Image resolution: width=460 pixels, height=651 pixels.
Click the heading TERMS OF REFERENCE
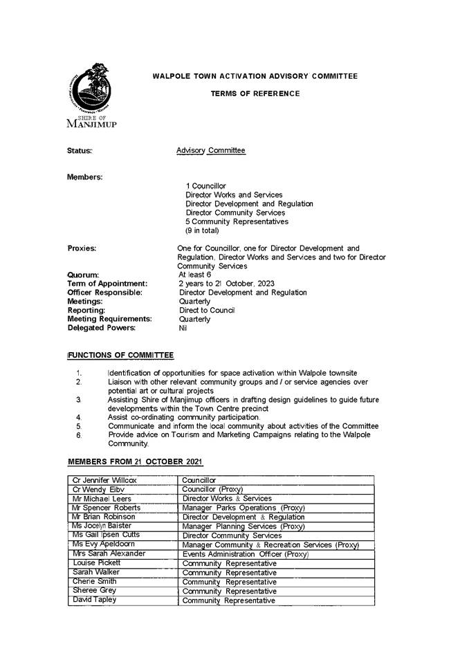tap(255, 93)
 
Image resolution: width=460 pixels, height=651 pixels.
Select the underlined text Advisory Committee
tap(210, 150)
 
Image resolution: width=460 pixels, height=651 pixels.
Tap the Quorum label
tap(83, 275)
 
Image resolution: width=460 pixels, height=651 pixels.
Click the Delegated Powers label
tap(101, 327)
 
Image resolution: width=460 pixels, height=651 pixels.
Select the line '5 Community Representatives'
tap(237, 221)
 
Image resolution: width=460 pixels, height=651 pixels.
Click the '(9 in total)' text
tap(202, 230)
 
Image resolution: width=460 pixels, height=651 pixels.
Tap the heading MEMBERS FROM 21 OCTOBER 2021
tap(135, 461)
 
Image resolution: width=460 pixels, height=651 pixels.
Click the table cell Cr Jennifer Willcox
tap(104, 480)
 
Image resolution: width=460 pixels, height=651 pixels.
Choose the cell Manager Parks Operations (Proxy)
tap(243, 508)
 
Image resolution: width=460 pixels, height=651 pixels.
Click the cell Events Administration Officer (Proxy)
tap(245, 554)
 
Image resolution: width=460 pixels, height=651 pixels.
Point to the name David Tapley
tap(95, 600)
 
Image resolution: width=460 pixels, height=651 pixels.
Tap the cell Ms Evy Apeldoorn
tap(104, 544)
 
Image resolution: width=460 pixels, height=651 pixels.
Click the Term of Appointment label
tap(107, 284)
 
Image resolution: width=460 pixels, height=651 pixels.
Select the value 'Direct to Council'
tap(207, 310)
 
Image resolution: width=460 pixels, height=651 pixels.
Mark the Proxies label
tap(82, 248)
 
